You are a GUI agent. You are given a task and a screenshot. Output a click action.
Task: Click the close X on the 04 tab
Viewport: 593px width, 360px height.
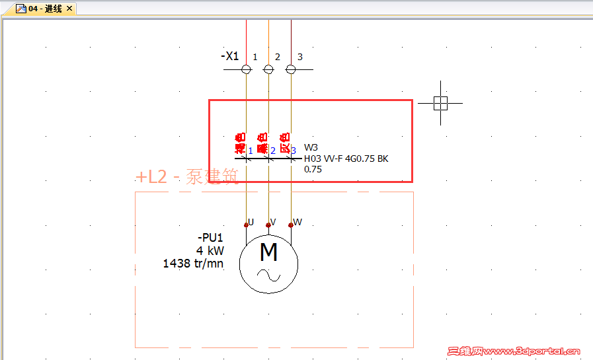[69, 9]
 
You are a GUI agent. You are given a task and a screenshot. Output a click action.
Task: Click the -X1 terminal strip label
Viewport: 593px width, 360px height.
[230, 56]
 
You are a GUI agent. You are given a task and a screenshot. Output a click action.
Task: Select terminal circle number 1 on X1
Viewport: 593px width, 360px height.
[246, 69]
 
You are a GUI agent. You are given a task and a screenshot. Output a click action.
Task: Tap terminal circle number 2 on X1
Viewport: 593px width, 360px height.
[268, 69]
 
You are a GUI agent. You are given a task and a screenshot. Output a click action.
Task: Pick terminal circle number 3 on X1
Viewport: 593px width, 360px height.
[291, 69]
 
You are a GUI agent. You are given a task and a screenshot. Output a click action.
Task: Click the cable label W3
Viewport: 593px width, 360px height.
[311, 147]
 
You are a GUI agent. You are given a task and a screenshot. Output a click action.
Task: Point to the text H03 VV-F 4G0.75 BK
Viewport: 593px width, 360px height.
[346, 159]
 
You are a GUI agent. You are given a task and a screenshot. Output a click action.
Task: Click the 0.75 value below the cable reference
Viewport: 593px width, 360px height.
[313, 169]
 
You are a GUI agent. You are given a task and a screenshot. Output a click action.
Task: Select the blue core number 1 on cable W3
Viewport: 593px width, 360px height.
[251, 151]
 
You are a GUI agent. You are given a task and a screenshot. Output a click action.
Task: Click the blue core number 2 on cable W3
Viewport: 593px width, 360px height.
[273, 151]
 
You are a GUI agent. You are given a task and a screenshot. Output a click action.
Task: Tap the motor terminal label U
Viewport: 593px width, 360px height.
[251, 222]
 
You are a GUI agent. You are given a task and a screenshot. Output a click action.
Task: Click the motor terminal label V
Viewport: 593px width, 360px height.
[273, 222]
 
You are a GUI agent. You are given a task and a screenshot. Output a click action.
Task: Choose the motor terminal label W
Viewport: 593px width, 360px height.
[297, 222]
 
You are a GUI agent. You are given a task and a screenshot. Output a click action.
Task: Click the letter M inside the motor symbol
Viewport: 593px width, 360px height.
[268, 252]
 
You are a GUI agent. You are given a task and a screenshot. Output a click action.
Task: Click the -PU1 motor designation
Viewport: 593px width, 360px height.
[210, 238]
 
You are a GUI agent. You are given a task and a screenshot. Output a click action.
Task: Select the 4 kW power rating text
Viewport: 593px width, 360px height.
[210, 251]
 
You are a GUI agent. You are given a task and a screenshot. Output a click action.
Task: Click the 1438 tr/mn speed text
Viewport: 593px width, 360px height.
[193, 264]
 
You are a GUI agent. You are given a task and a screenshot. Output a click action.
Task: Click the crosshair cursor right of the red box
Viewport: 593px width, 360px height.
[441, 102]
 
